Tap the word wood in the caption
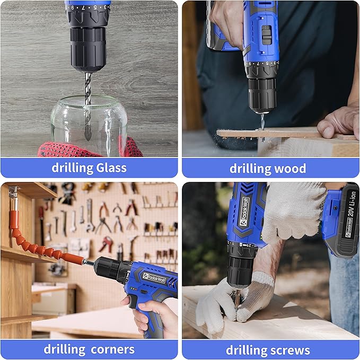[x=290, y=169]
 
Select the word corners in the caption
[x=110, y=349]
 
